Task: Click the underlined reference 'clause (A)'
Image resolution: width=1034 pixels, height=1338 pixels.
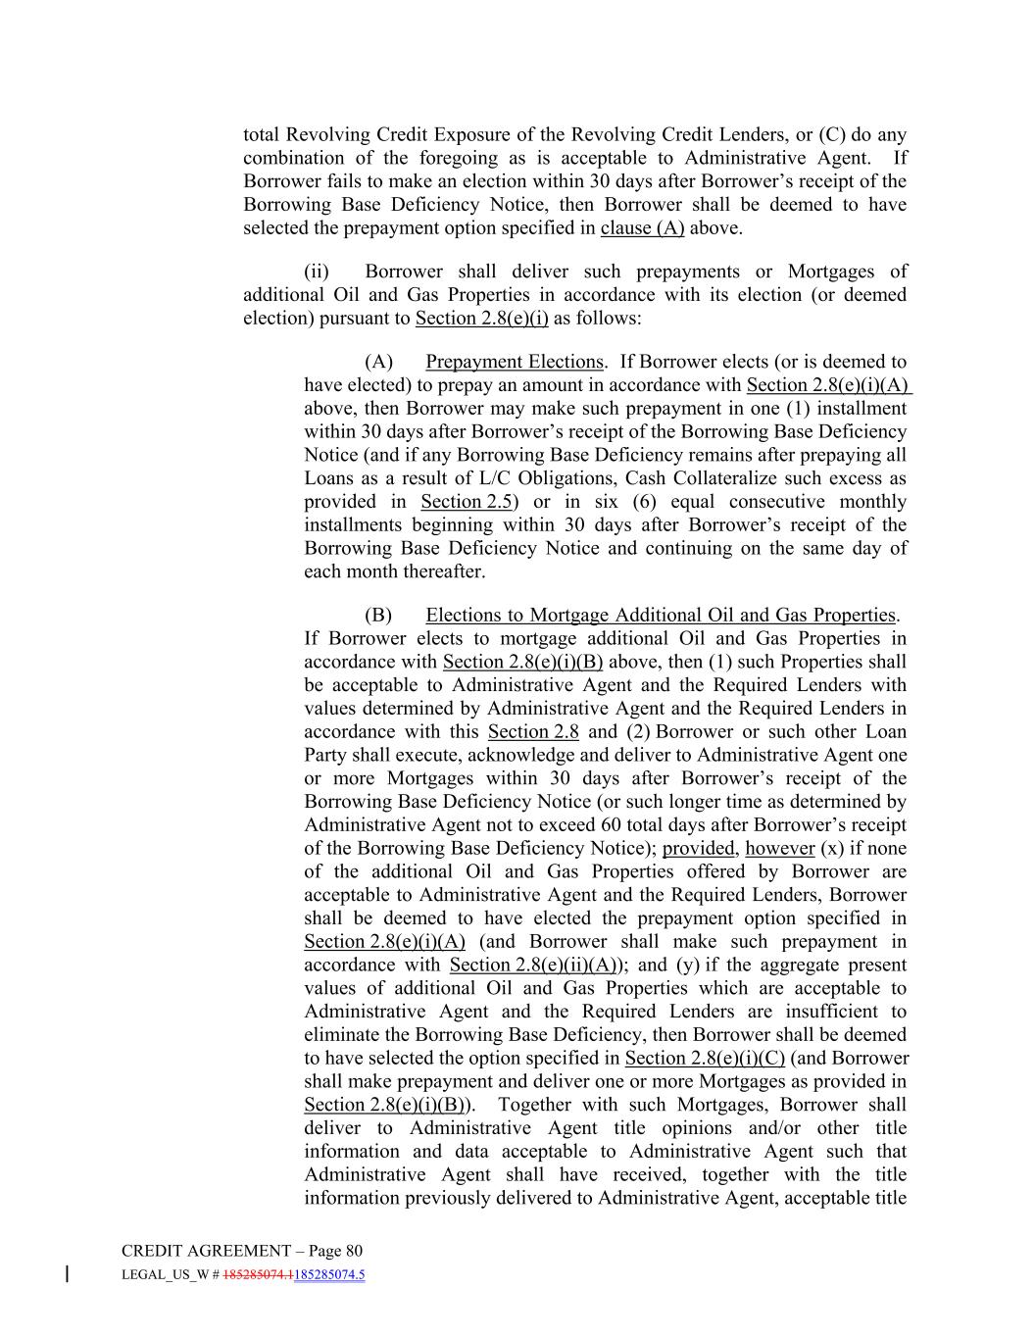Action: (642, 228)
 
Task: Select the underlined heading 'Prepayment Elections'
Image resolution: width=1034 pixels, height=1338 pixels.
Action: (515, 362)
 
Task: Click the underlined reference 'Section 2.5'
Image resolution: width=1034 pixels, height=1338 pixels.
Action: (467, 502)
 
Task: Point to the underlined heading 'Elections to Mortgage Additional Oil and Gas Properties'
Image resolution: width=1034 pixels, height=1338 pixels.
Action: (661, 616)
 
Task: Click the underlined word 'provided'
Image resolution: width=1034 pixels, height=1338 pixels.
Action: (699, 849)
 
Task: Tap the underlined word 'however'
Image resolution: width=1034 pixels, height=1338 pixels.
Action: (780, 849)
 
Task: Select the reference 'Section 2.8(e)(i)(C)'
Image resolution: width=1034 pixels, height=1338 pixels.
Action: (705, 1059)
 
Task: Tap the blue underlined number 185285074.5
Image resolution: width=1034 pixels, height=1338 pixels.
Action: (329, 1275)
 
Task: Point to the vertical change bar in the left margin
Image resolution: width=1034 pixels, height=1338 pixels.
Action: (67, 1274)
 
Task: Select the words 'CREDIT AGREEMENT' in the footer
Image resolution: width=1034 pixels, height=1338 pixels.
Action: (206, 1251)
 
